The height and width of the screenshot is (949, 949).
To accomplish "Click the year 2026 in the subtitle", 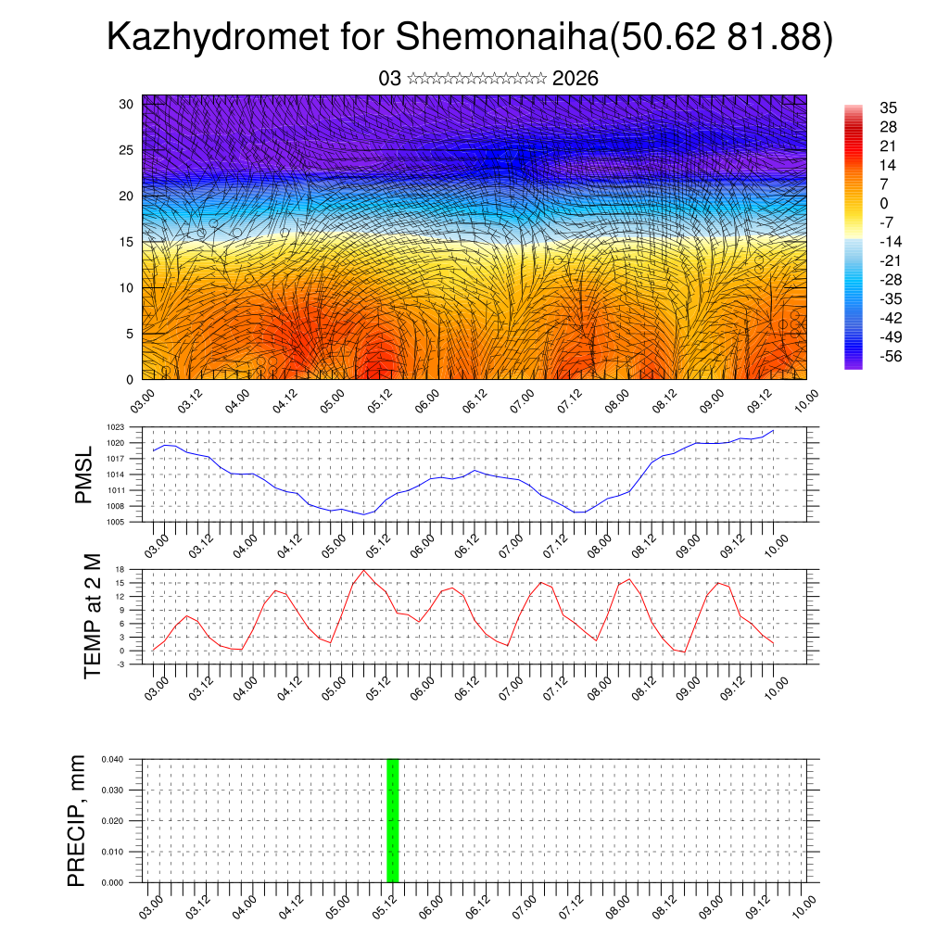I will pos(575,79).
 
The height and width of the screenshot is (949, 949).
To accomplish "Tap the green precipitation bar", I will pos(392,820).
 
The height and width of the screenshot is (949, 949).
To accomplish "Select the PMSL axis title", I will pos(84,474).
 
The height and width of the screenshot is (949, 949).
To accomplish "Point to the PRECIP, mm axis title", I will pos(77,821).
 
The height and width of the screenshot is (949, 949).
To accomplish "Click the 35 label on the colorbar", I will pos(888,108).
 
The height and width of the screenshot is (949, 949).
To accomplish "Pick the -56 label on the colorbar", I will pos(891,356).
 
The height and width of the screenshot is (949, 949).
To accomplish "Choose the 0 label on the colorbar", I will pos(884,203).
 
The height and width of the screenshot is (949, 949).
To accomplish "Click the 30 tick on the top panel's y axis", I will pos(126,104).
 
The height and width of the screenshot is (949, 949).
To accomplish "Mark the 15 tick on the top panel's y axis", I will pos(126,242).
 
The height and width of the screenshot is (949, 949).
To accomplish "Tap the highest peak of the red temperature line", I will pos(364,570).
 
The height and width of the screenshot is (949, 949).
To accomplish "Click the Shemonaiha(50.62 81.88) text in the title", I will pos(614,38).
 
